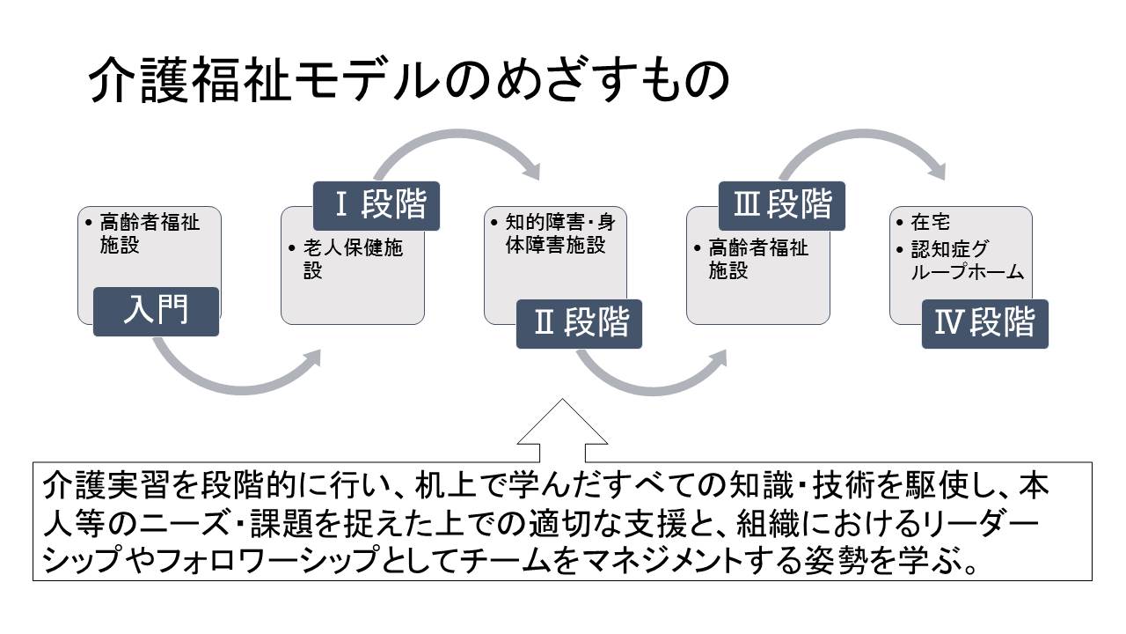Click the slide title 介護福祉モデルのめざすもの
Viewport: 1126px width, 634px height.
point(409,80)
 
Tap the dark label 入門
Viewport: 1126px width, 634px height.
point(156,312)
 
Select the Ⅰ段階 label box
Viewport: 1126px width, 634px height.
point(377,206)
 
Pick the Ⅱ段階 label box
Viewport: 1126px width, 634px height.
point(579,323)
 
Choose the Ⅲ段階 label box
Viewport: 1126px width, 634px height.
point(782,206)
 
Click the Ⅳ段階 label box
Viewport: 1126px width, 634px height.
point(984,323)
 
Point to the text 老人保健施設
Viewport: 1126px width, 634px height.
point(353,260)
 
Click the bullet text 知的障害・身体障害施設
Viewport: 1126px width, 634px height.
point(560,233)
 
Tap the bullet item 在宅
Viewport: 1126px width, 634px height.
point(930,222)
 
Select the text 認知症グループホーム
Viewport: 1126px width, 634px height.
point(967,260)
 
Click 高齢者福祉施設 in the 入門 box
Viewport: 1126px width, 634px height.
point(150,233)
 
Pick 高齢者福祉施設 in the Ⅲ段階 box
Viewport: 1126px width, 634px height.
point(758,260)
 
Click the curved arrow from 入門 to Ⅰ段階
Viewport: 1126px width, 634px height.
point(240,389)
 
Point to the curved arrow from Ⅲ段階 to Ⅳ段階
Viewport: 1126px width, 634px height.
point(865,133)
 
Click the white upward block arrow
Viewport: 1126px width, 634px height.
point(562,432)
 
